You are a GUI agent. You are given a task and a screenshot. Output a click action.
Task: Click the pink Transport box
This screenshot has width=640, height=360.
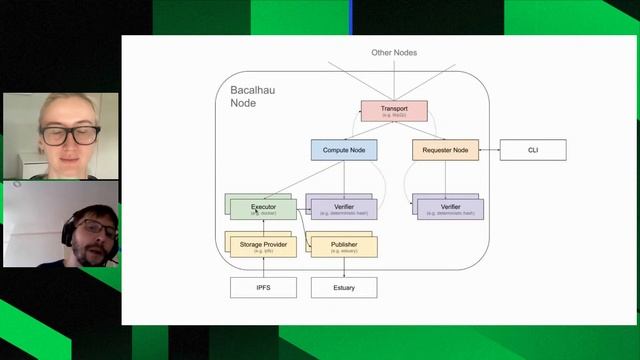click(393, 111)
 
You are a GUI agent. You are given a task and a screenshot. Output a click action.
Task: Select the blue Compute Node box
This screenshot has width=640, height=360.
click(344, 150)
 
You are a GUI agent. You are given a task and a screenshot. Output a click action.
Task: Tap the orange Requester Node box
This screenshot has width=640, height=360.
click(445, 150)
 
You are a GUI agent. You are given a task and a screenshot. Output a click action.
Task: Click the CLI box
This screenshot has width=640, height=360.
click(533, 150)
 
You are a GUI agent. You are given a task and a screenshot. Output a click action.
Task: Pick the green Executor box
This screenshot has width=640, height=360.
click(263, 209)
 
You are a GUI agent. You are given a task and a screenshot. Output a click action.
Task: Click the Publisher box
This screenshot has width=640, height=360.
click(344, 247)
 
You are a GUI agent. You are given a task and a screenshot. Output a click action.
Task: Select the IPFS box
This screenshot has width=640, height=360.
click(263, 288)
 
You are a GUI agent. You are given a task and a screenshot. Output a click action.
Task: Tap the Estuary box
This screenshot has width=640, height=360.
click(344, 288)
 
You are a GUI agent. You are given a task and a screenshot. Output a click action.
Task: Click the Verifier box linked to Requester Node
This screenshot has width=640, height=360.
click(450, 209)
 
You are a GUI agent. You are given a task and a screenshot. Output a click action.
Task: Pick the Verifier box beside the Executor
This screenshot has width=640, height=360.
click(344, 209)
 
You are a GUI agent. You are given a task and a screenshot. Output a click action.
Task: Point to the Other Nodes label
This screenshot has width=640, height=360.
click(393, 52)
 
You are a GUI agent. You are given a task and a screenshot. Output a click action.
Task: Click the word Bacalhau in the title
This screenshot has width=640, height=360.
click(252, 90)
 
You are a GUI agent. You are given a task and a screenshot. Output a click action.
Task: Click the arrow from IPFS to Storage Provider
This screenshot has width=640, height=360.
click(263, 268)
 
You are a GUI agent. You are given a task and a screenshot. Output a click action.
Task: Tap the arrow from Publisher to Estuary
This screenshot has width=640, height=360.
click(344, 268)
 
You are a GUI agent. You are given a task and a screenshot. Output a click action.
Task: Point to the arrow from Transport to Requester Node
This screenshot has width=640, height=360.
click(420, 131)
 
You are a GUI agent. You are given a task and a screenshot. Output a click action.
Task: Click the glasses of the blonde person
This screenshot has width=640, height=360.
click(69, 133)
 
